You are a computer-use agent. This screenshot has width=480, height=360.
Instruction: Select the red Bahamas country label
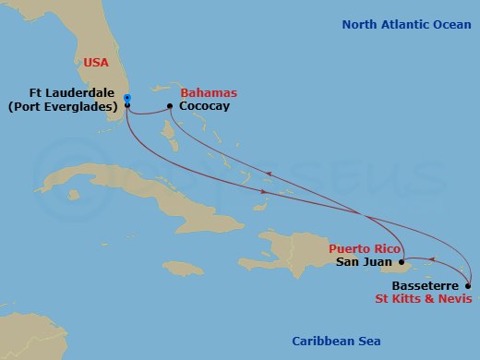coord(209,93)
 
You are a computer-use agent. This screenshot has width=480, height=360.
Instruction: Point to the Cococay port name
coord(204,107)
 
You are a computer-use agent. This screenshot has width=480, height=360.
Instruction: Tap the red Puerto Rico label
coord(362,249)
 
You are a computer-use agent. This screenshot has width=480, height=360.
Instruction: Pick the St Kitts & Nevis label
coord(426,299)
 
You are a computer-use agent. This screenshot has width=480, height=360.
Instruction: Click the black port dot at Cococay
coord(171,106)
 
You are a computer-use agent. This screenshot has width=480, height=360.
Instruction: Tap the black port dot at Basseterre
coord(468,285)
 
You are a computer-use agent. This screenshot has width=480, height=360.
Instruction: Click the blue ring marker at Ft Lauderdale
coord(126,98)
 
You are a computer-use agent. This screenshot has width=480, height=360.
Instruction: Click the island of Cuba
coord(138,194)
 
